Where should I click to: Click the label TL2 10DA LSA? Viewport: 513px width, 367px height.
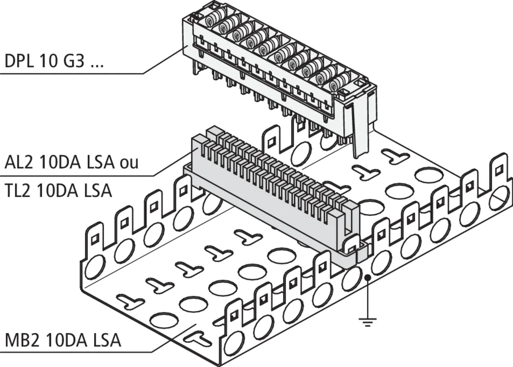click(x=58, y=191)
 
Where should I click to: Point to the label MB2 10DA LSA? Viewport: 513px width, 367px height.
click(x=63, y=341)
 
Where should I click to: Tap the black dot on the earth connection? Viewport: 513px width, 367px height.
click(x=368, y=277)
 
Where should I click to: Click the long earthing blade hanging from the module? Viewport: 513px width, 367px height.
click(x=360, y=128)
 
